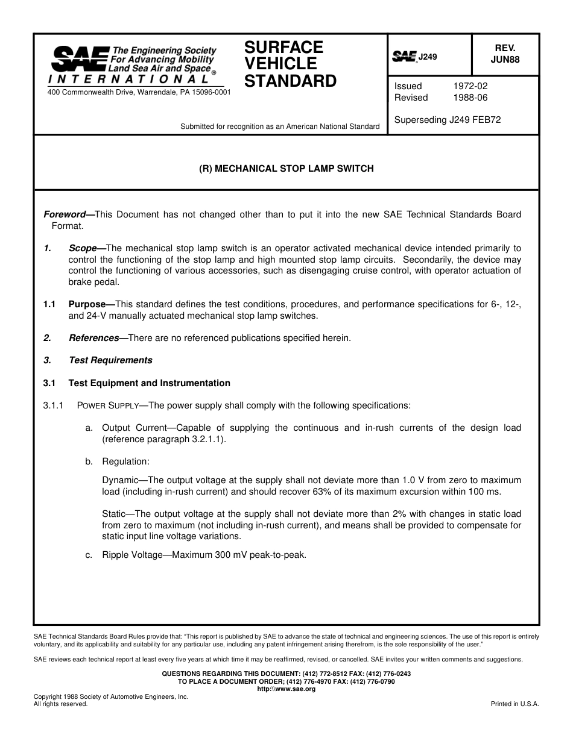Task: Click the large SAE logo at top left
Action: [80, 59]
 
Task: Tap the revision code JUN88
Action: [505, 60]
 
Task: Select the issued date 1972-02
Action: [470, 86]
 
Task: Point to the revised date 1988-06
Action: [470, 98]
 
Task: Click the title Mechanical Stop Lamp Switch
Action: [286, 169]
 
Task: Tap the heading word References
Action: [94, 338]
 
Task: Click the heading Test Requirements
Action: [110, 360]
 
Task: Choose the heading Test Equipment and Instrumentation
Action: [149, 383]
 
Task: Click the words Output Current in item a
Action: [130, 428]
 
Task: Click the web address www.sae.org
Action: [286, 689]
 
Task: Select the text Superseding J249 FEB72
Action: [448, 120]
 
